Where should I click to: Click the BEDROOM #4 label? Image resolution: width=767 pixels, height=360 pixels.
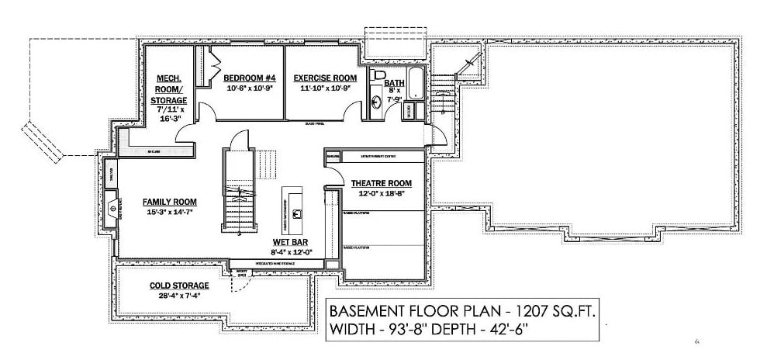[x=250, y=78]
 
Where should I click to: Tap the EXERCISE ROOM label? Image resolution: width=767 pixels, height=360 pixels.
[x=324, y=78]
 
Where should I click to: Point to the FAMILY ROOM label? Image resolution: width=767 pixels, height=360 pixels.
[x=169, y=201]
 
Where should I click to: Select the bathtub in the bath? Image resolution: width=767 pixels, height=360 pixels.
[x=416, y=84]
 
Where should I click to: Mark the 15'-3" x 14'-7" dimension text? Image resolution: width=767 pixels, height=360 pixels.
[x=169, y=212]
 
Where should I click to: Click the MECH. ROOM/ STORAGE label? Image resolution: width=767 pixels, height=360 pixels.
[x=170, y=89]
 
